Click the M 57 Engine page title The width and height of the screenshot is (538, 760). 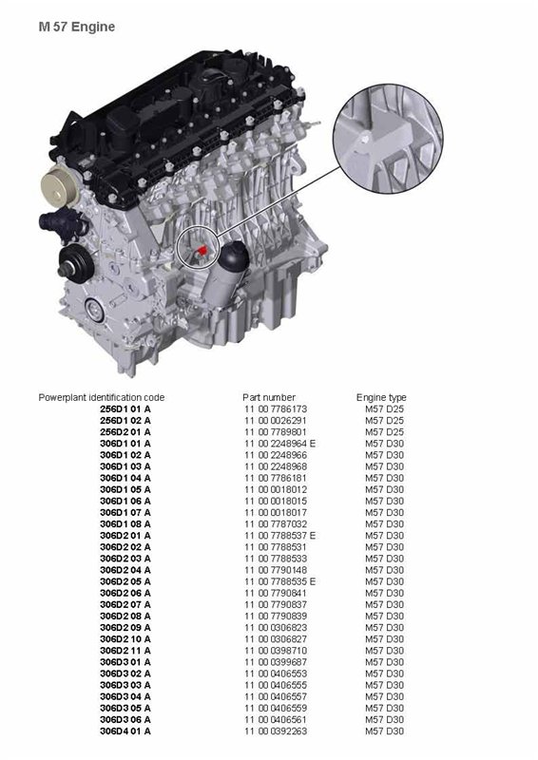click(77, 27)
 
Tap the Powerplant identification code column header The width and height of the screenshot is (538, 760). click(102, 397)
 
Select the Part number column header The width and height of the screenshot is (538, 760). click(269, 397)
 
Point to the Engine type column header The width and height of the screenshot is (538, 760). click(381, 397)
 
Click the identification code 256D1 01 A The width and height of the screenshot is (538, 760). click(125, 408)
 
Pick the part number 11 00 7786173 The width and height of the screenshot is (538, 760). click(276, 408)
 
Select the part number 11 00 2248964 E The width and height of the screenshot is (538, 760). click(279, 443)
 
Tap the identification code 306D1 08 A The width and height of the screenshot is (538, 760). click(125, 524)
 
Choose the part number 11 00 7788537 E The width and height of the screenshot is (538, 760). click(279, 535)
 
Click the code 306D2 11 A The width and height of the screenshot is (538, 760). click(125, 651)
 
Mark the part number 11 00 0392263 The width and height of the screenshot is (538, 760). click(276, 731)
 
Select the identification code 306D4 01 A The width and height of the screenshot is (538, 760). click(125, 731)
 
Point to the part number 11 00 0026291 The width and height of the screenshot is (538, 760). click(276, 420)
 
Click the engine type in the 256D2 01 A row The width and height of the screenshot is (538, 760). click(384, 432)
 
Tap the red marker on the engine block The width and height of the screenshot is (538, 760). click(202, 250)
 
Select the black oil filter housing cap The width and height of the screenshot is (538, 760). click(234, 257)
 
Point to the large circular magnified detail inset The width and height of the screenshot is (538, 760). click(388, 139)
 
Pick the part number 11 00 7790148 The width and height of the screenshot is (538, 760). click(276, 570)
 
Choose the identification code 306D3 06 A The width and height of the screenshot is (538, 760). click(125, 719)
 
